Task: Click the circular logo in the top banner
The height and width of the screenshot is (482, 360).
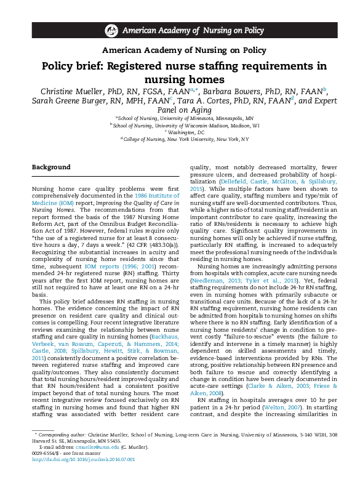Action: pos(111,30)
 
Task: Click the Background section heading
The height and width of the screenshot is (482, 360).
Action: pos(51,167)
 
